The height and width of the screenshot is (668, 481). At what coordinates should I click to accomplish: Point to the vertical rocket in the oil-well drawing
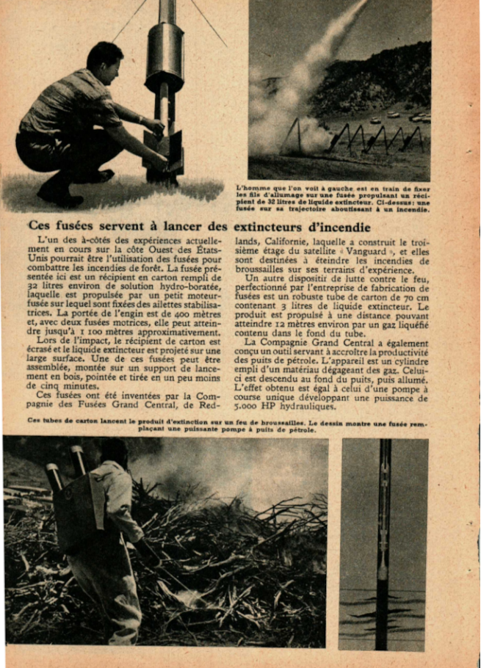383,543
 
